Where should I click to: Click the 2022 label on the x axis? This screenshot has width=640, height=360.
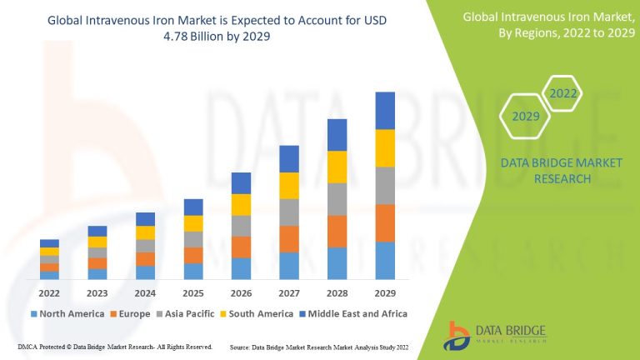pyautogui.click(x=49, y=293)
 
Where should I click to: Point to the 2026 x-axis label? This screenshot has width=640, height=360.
pyautogui.click(x=241, y=293)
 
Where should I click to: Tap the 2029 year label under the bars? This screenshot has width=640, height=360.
pyautogui.click(x=384, y=293)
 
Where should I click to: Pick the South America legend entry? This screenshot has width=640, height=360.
pyautogui.click(x=260, y=314)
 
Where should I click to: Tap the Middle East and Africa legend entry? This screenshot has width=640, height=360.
pyautogui.click(x=355, y=314)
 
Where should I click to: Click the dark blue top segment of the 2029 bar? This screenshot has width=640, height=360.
pyautogui.click(x=384, y=110)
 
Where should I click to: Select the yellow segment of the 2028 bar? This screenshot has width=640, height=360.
pyautogui.click(x=337, y=167)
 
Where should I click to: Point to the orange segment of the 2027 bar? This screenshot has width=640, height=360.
pyautogui.click(x=289, y=238)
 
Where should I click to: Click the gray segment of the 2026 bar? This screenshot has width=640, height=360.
pyautogui.click(x=241, y=226)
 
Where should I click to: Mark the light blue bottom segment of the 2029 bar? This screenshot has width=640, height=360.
pyautogui.click(x=384, y=260)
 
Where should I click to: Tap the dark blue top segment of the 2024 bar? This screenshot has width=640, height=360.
pyautogui.click(x=145, y=219)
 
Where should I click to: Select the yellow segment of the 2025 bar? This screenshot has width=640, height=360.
pyautogui.click(x=193, y=223)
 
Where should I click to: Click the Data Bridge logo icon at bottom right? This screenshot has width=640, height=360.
pyautogui.click(x=458, y=335)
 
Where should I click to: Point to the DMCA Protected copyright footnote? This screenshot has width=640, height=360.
pyautogui.click(x=115, y=346)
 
